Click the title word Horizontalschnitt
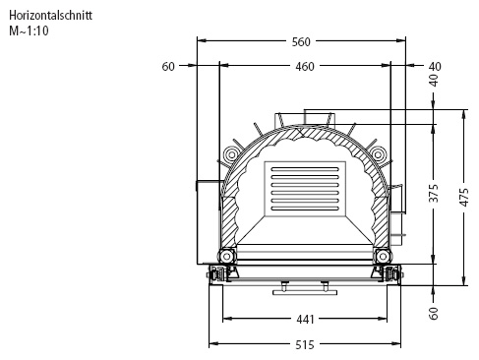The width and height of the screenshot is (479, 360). [x=50, y=16]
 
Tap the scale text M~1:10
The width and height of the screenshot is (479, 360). [x=29, y=30]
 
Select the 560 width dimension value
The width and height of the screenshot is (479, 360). [x=301, y=42]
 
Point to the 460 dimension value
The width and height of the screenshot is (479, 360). [x=305, y=67]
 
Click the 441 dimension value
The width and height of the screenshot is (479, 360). [x=305, y=319]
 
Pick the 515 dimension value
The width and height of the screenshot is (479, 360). [x=305, y=345]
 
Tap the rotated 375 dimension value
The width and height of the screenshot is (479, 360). [x=434, y=193]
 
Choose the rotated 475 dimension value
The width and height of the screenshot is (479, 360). [x=464, y=197]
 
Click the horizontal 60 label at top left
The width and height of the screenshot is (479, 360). [x=168, y=67]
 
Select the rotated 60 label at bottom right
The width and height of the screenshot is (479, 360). [x=434, y=313]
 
